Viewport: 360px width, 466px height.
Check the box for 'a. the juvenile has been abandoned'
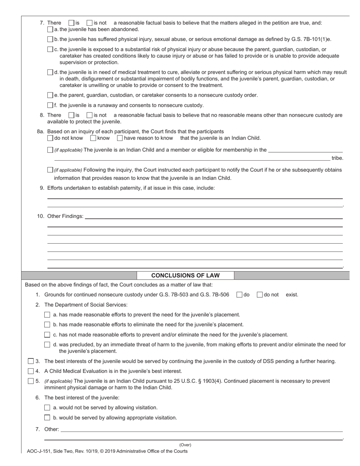click(x=50, y=29)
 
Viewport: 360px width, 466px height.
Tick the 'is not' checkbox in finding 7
click(x=89, y=23)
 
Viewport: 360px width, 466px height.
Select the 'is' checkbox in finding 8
click(x=71, y=115)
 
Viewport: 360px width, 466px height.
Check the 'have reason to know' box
click(x=120, y=138)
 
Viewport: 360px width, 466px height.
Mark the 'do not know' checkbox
click(x=50, y=138)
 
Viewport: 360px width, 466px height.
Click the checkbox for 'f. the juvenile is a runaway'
click(x=50, y=105)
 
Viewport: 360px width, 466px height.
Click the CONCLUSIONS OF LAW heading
click(x=185, y=275)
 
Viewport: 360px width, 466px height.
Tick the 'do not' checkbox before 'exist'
click(x=260, y=295)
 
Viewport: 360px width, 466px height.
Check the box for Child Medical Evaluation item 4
click(x=31, y=371)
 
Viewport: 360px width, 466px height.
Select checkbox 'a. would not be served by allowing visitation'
click(x=47, y=408)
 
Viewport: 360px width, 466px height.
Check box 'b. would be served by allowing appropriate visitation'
click(x=47, y=418)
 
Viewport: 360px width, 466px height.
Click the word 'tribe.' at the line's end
click(x=337, y=158)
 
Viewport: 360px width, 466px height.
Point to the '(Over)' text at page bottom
click(x=185, y=445)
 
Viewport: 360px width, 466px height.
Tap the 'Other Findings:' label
click(x=65, y=216)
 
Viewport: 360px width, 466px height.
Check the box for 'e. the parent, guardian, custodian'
click(x=50, y=95)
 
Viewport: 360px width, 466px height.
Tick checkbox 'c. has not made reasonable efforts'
click(x=47, y=335)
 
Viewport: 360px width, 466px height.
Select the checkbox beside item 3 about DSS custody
click(x=31, y=361)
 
